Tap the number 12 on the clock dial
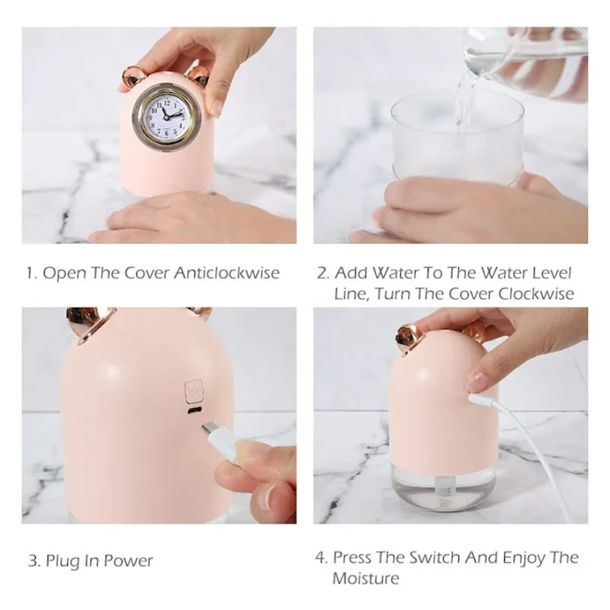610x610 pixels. pos(167,104)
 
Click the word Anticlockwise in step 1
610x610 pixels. pos(226,273)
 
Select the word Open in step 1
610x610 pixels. pos(64,274)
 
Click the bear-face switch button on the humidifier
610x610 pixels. pos(194,391)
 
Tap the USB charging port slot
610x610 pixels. pos(194,411)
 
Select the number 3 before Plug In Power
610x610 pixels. pos(34,561)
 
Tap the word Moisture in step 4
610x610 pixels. pos(366,579)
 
